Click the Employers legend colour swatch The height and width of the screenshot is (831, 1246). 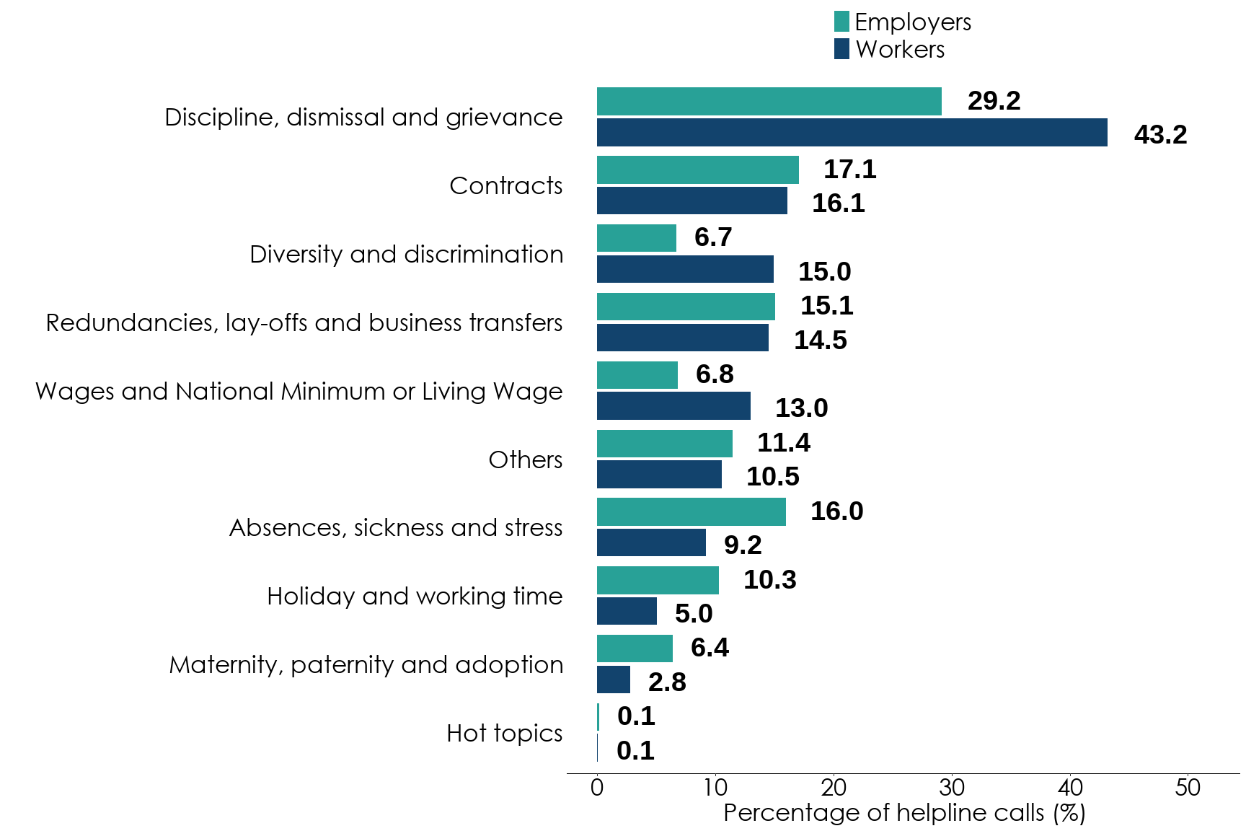click(841, 22)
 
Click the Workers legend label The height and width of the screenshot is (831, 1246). click(900, 50)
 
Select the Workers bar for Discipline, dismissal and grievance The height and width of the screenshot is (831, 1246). click(852, 133)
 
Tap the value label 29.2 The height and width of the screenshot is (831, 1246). click(994, 101)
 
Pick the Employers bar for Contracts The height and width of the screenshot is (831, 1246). click(697, 170)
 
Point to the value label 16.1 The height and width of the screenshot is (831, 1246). click(838, 203)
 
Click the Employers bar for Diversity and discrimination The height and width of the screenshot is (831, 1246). click(636, 238)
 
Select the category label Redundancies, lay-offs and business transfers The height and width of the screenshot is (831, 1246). click(304, 322)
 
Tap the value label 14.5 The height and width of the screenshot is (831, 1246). click(820, 340)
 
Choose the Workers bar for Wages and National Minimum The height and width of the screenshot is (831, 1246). click(673, 406)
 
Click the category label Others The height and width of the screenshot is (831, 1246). click(525, 460)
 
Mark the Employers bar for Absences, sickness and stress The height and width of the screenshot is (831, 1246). click(691, 512)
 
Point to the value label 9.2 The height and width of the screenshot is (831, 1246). click(743, 545)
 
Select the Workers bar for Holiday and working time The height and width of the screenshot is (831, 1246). click(627, 611)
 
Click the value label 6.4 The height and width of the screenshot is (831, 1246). click(710, 648)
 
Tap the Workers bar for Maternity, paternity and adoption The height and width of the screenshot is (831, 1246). click(613, 680)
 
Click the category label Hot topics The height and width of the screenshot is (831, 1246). click(504, 733)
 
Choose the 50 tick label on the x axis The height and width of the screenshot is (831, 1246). click(1188, 787)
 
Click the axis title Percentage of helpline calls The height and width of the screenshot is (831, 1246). click(904, 813)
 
